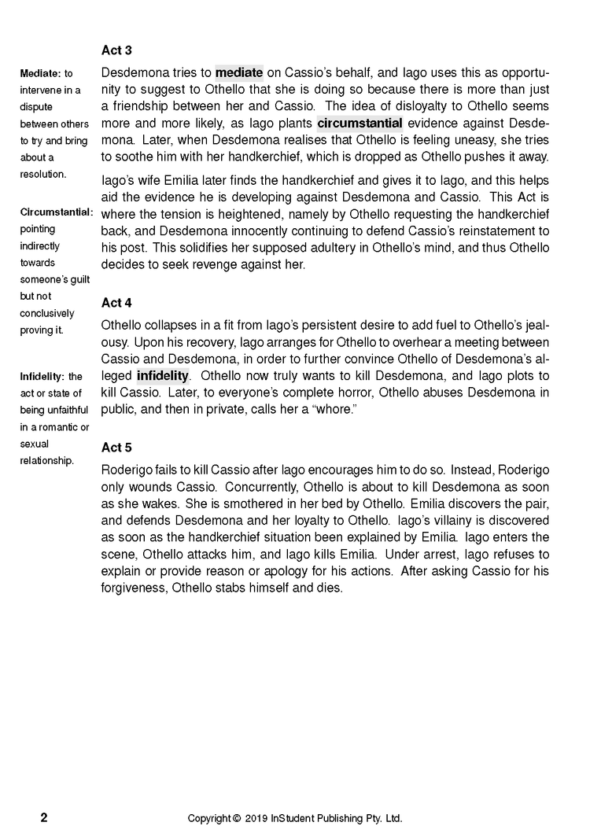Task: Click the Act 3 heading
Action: (x=116, y=50)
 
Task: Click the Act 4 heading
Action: (x=116, y=302)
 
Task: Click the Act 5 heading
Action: (x=116, y=448)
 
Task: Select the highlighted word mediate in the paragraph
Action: (x=239, y=72)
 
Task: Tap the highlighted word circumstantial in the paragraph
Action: (x=360, y=123)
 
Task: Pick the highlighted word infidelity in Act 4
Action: (x=163, y=375)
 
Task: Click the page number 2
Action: (x=44, y=817)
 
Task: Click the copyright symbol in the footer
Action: (x=237, y=818)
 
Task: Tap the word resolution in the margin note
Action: (x=42, y=173)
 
